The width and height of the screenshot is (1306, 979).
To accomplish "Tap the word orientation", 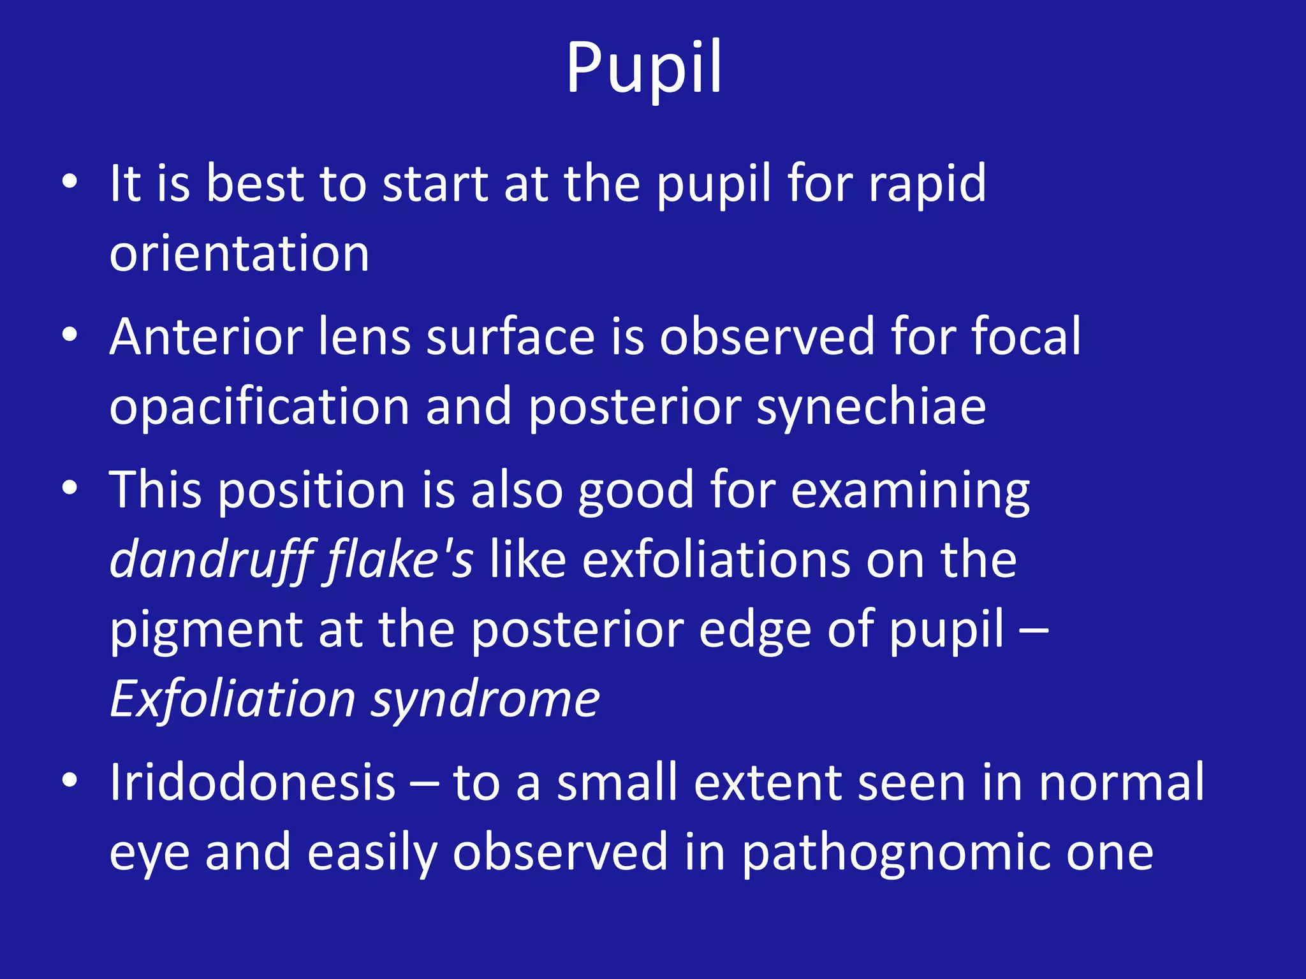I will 239,254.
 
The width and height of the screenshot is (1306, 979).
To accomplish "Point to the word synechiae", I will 871,408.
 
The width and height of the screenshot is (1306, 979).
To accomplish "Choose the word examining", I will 910,491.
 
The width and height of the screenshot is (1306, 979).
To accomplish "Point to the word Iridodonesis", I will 253,783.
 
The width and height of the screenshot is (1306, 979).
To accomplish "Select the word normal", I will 1122,783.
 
